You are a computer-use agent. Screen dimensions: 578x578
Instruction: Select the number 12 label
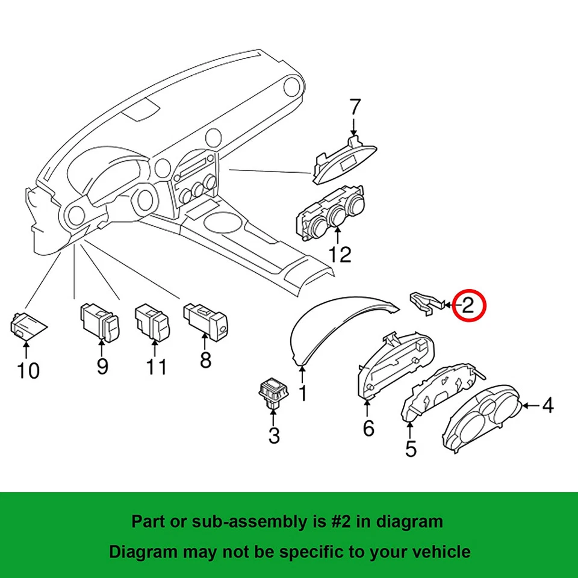click(340, 254)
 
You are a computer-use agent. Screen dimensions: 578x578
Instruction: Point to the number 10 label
click(28, 370)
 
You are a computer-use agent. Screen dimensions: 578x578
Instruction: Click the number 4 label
click(547, 406)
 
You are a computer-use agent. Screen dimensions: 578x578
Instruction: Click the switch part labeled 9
click(100, 322)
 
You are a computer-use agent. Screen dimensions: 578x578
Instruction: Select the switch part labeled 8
click(205, 319)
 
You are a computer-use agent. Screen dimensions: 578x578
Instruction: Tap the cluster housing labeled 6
click(394, 365)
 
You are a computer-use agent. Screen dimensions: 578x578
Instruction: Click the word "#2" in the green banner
click(352, 521)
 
